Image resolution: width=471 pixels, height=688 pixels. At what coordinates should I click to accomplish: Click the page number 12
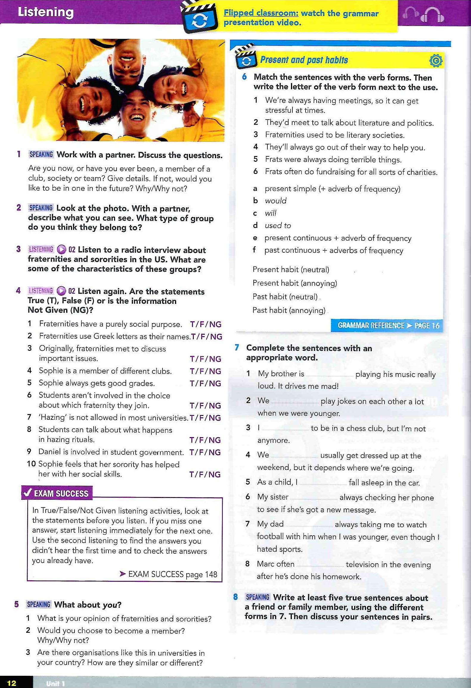point(12,683)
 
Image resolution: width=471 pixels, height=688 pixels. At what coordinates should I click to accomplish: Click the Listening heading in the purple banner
point(46,12)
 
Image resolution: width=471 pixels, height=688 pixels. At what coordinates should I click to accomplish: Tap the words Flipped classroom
point(261,13)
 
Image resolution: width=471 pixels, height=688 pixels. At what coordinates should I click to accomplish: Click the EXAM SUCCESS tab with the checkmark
point(57,493)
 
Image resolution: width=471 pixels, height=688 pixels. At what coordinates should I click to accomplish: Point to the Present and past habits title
point(304,60)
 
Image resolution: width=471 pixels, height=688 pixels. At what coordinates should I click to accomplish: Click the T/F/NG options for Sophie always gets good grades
point(205,383)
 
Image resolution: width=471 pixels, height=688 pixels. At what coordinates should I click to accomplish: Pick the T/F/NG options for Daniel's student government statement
point(205,452)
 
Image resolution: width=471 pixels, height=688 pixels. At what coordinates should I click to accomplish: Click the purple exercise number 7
point(237,348)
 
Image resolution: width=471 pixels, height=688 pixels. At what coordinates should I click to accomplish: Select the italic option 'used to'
point(278,226)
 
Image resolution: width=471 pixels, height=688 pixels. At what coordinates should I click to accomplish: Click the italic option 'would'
point(275,201)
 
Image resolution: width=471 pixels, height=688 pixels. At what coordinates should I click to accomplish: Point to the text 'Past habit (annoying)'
point(289,310)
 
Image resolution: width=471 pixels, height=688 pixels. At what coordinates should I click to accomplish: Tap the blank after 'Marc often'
point(320,565)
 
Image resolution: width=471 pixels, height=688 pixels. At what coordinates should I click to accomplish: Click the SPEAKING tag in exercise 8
point(258,597)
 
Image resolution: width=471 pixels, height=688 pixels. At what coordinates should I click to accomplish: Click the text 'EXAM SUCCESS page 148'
point(172,574)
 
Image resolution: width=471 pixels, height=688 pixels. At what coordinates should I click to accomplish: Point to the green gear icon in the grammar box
point(436,61)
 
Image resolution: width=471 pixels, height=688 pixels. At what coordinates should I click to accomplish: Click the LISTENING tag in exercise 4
point(41,291)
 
